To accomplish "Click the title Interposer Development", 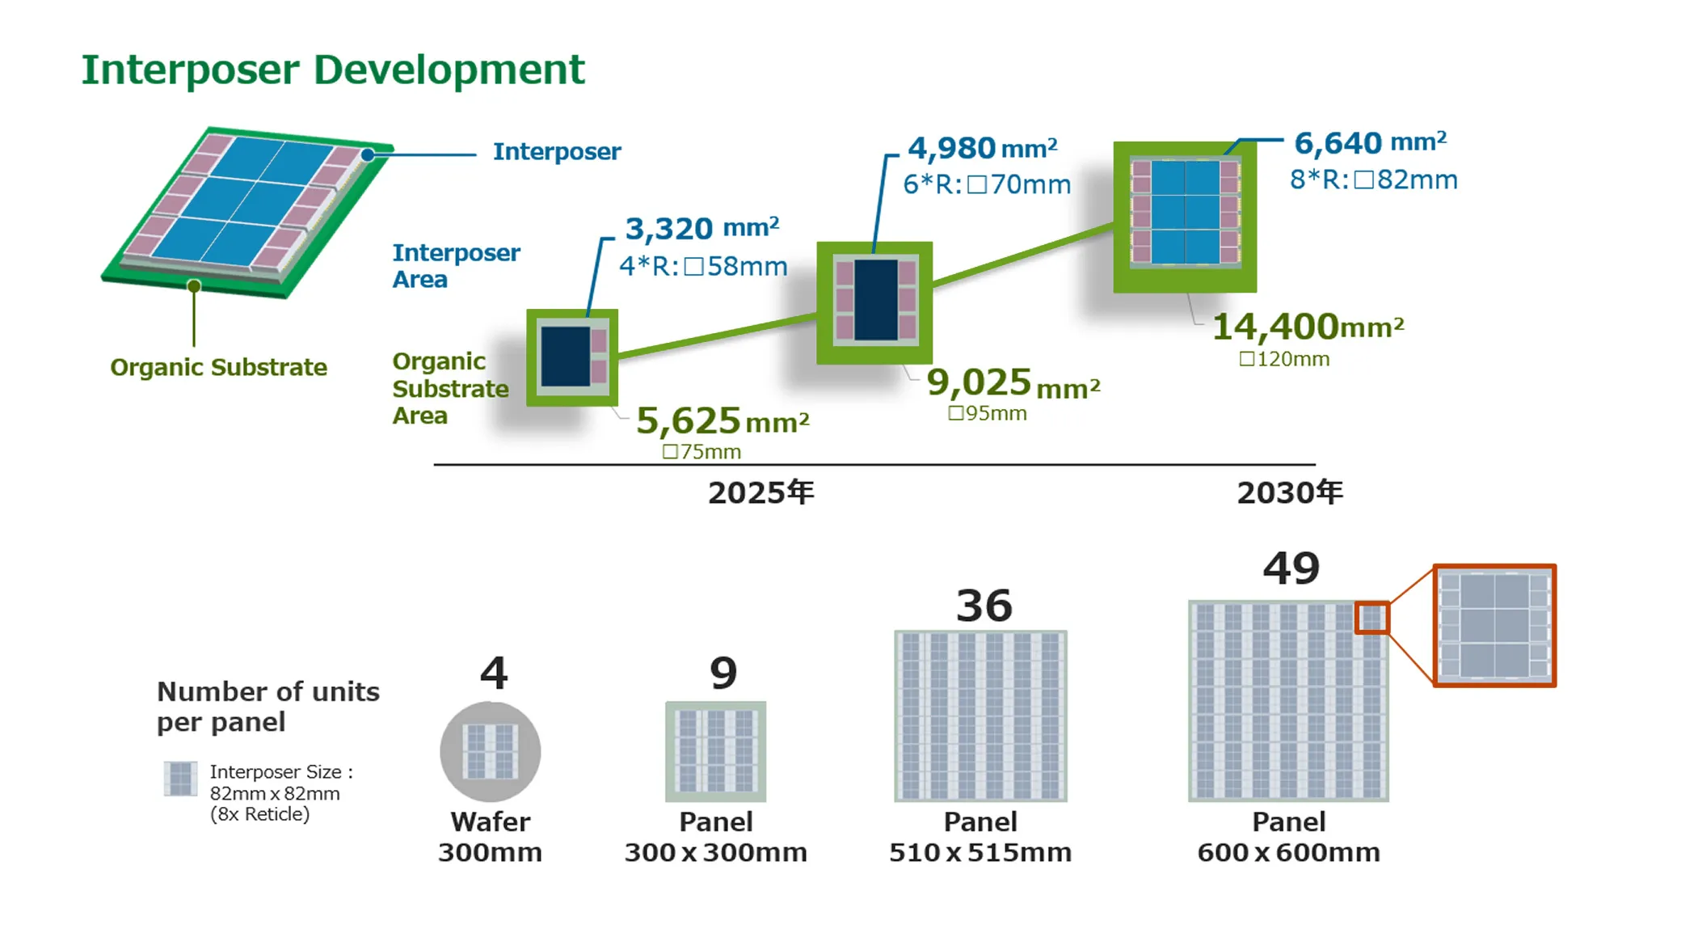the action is [x=332, y=70].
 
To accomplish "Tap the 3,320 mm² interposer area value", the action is [x=702, y=229].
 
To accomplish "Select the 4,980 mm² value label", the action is [x=982, y=149].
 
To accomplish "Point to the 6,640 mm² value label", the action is [x=1370, y=143].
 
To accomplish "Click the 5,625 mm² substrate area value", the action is [x=723, y=420].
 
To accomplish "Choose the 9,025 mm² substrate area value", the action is [x=1013, y=382].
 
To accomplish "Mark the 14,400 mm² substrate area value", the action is [x=1308, y=327].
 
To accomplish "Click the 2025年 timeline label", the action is [x=761, y=492].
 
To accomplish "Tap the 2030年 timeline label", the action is [x=1290, y=492].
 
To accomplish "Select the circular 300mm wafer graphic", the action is [x=491, y=751].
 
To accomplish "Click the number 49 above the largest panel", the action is [x=1291, y=568].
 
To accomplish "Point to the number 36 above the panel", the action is [x=984, y=606].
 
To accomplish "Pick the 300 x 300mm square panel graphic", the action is [x=716, y=751].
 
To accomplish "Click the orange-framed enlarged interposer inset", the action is [x=1494, y=625].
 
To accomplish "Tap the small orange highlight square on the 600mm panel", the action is [x=1372, y=619].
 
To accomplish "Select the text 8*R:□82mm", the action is [x=1374, y=179].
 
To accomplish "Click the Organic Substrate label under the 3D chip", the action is [x=219, y=367].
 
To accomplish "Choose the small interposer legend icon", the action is [x=180, y=779].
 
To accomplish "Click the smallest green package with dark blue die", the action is [x=572, y=357].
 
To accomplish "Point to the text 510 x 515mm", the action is [x=980, y=852].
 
